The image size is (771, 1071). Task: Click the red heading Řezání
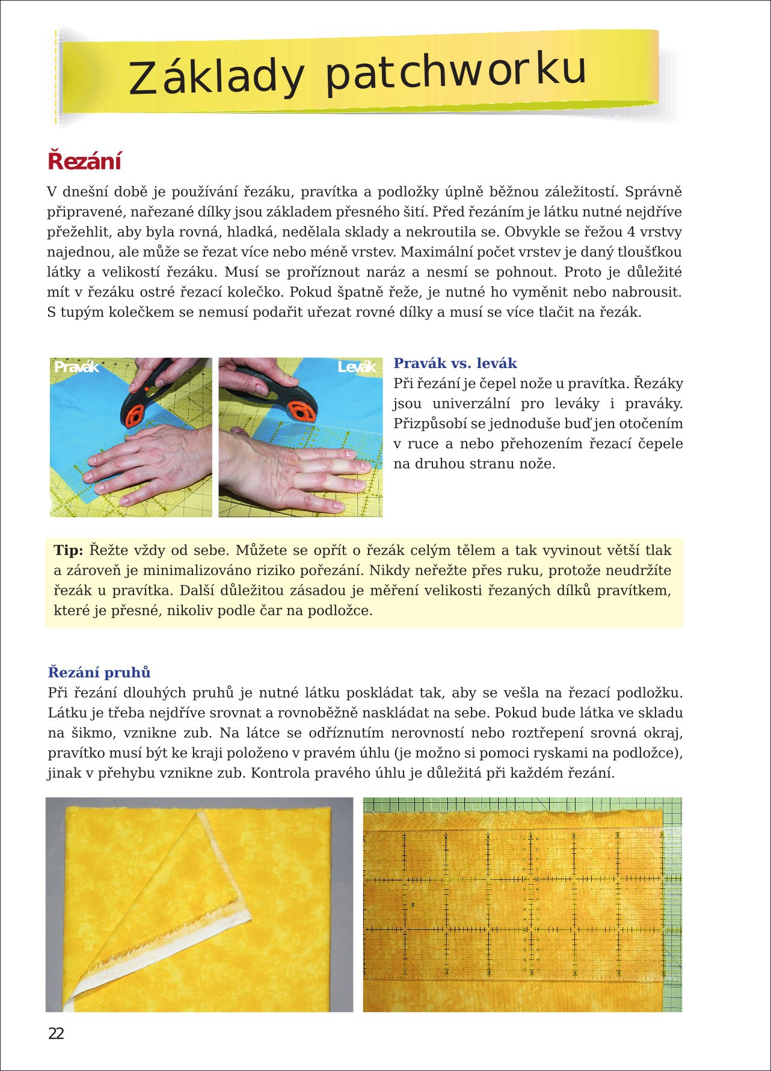pos(85,161)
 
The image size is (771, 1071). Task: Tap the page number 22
pos(56,1034)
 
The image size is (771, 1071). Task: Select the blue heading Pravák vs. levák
pos(455,363)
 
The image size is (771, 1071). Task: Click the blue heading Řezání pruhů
pos(99,672)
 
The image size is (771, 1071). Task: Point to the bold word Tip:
pos(69,550)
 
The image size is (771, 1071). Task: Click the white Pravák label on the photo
pos(76,367)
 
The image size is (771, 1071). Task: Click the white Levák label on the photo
pos(357,367)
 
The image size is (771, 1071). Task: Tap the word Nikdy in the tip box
pos(389,570)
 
